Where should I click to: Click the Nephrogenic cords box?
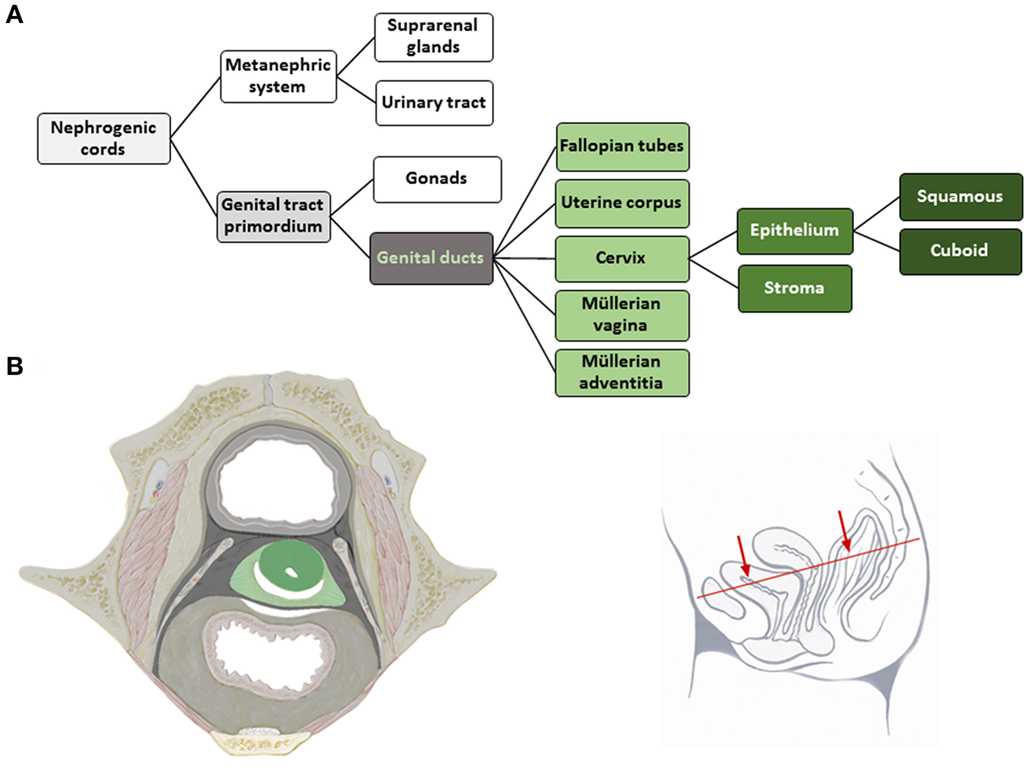tap(104, 138)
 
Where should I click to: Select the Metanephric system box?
tap(278, 76)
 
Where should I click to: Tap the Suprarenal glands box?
tap(433, 37)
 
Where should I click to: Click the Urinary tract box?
tap(434, 103)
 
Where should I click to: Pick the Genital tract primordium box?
tap(273, 216)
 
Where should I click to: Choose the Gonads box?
tap(437, 179)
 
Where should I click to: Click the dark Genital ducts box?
tap(431, 258)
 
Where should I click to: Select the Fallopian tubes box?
tap(622, 147)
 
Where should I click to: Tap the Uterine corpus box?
tap(622, 203)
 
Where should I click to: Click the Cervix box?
tap(622, 258)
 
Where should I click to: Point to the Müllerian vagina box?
tap(622, 315)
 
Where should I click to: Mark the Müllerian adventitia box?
tap(622, 372)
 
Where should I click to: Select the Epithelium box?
tap(794, 231)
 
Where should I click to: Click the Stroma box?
tap(794, 288)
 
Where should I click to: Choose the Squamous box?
tap(960, 197)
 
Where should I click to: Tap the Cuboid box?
tap(960, 251)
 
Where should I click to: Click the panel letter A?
tap(14, 15)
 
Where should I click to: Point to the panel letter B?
tap(14, 366)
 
